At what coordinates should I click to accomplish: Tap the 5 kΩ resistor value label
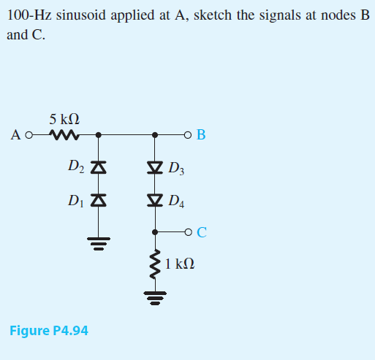pyautogui.click(x=64, y=118)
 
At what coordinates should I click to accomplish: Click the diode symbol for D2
pyautogui.click(x=99, y=169)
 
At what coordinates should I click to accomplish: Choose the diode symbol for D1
pyautogui.click(x=99, y=199)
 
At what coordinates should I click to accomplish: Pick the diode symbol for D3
pyautogui.click(x=154, y=169)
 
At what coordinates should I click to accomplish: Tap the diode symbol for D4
pyautogui.click(x=154, y=199)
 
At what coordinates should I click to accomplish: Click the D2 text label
pyautogui.click(x=77, y=168)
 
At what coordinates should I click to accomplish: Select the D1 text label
pyautogui.click(x=77, y=199)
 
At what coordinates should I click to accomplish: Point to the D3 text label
pyautogui.click(x=176, y=171)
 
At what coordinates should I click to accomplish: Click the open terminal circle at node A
pyautogui.click(x=29, y=135)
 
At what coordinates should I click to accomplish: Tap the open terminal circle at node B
pyautogui.click(x=189, y=135)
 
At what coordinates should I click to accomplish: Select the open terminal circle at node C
pyautogui.click(x=189, y=232)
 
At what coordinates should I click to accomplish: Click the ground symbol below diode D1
pyautogui.click(x=99, y=241)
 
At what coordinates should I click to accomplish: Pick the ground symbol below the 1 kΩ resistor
pyautogui.click(x=154, y=296)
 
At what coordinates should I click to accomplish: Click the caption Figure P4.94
pyautogui.click(x=49, y=331)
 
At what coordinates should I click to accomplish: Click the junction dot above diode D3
pyautogui.click(x=154, y=135)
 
